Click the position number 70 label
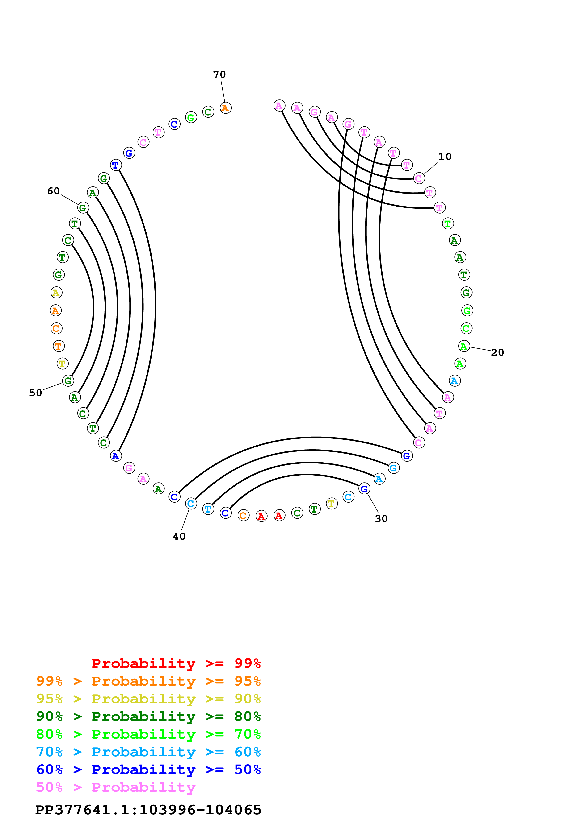[219, 74]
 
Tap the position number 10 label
[445, 157]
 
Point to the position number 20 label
[497, 353]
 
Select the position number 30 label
[381, 519]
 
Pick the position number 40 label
[179, 536]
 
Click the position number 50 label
[36, 393]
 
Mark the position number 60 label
[53, 191]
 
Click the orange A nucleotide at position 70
[226, 108]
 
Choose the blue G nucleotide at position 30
[364, 489]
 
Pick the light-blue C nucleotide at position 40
[191, 504]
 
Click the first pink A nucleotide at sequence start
[279, 106]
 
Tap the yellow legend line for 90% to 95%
[148, 699]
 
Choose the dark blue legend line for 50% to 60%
[148, 769]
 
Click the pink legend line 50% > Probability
[116, 787]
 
